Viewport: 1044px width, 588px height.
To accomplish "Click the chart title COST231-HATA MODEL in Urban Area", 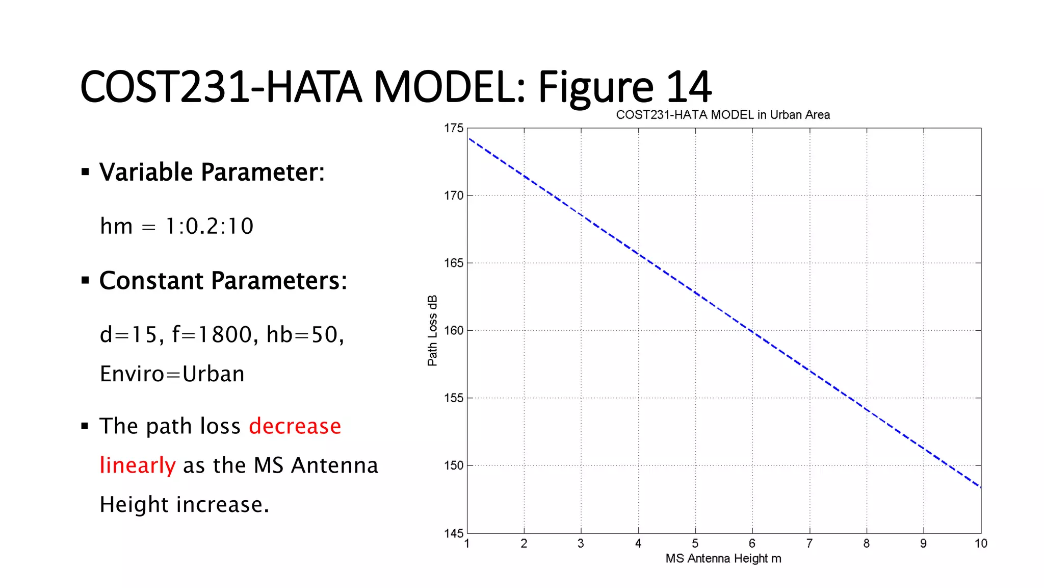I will (722, 115).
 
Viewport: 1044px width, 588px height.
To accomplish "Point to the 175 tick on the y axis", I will (453, 128).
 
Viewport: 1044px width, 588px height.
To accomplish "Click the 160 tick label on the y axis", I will (453, 331).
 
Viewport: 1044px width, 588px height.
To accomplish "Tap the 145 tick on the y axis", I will (453, 533).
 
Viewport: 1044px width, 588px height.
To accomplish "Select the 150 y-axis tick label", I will (453, 465).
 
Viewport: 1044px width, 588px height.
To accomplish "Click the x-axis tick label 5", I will (695, 544).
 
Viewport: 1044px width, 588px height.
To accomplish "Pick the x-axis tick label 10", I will (981, 544).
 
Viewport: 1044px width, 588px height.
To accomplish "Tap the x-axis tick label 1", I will (467, 544).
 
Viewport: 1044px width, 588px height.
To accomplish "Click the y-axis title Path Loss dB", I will (432, 331).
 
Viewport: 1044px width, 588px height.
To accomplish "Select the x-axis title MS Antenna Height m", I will (723, 558).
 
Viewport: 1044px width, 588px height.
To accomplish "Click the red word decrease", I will (295, 426).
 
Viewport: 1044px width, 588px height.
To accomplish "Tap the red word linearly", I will (138, 465).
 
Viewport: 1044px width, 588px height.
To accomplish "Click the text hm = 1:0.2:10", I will (176, 226).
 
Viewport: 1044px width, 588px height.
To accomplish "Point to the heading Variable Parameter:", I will (212, 172).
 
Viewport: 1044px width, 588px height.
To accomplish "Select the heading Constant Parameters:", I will (223, 281).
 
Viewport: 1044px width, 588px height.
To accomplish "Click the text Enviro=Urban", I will (172, 374).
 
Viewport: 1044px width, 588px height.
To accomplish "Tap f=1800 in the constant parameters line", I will (212, 335).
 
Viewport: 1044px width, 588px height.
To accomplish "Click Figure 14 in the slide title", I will (624, 87).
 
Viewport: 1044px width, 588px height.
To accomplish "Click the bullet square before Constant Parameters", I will (85, 280).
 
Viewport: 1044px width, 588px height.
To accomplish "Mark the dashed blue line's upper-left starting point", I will (469, 138).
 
